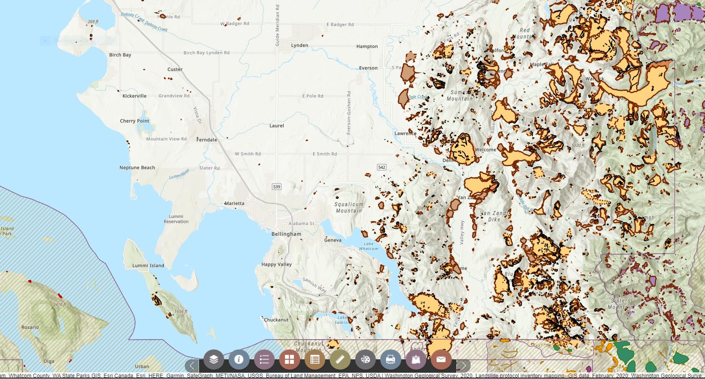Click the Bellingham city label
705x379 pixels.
coord(286,234)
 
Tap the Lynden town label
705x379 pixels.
coord(299,45)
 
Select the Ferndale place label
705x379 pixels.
coord(207,140)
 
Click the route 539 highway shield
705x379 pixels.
coord(276,187)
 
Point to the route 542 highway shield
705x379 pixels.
coord(382,167)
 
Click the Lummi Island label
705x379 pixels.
coord(148,265)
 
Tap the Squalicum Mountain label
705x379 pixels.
coord(349,207)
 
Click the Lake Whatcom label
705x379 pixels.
coord(368,246)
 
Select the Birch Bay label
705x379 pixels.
coord(120,55)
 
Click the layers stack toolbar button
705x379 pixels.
coord(214,359)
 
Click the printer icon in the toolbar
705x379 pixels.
coord(390,359)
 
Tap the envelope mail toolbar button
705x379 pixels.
coord(441,359)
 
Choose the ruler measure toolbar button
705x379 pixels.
coord(340,359)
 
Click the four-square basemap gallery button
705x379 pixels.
coord(289,359)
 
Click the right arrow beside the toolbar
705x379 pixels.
coord(463,366)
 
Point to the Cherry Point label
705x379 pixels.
coord(134,121)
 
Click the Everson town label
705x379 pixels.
coord(368,68)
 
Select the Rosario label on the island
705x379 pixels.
coord(30,327)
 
